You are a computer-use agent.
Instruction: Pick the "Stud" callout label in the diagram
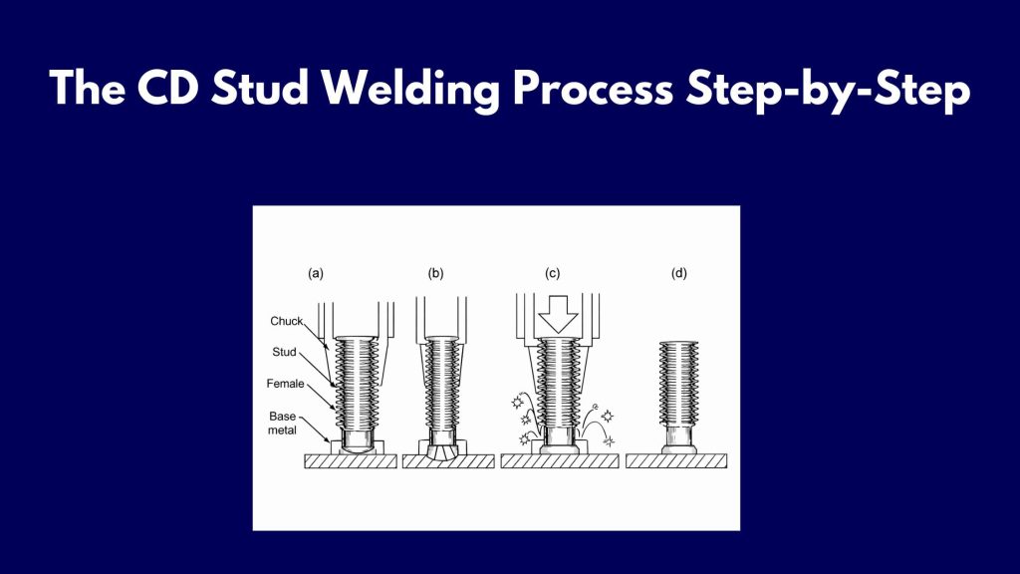tap(283, 351)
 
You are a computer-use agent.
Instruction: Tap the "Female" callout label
tap(285, 382)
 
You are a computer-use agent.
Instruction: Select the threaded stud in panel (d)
tap(681, 384)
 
